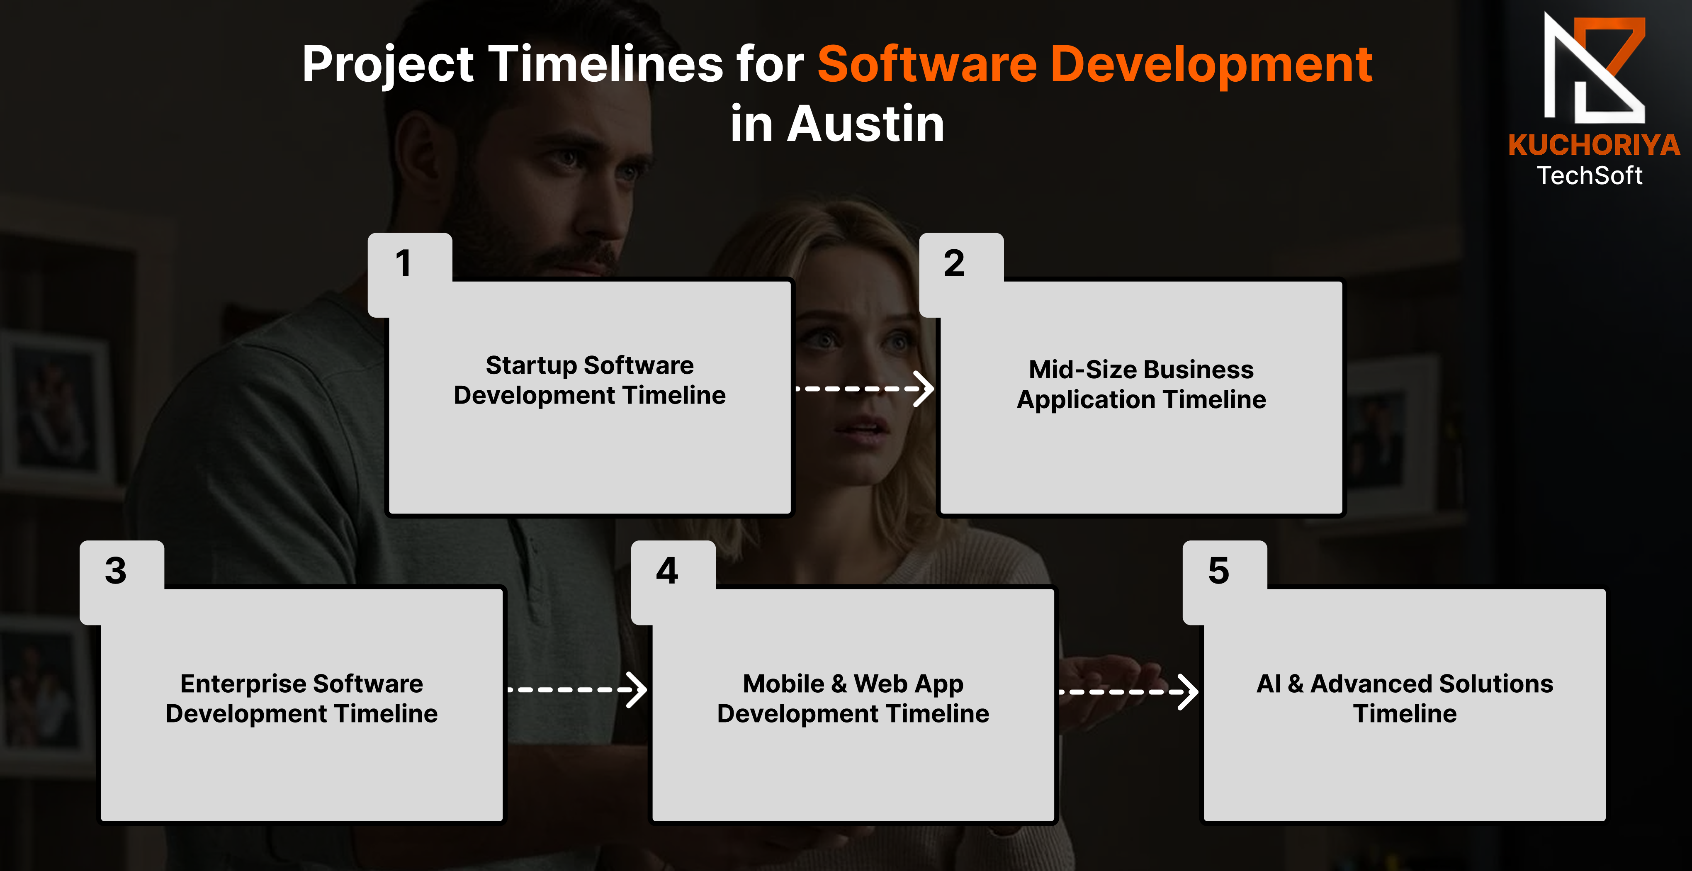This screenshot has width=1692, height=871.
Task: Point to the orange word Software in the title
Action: pos(927,64)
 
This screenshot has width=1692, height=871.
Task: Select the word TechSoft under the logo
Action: pos(1590,175)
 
